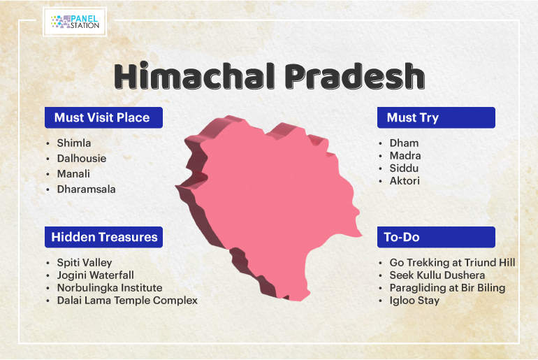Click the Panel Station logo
click(x=75, y=22)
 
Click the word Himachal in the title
click(x=194, y=75)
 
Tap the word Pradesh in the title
click(x=355, y=75)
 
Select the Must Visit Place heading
click(x=103, y=117)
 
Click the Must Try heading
click(x=436, y=117)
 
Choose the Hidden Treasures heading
click(x=103, y=237)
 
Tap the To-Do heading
click(x=436, y=237)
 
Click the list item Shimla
click(x=74, y=143)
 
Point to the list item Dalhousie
click(x=82, y=158)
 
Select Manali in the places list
click(x=73, y=173)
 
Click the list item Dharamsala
click(x=86, y=189)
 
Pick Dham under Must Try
click(x=404, y=143)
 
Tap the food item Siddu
click(x=404, y=168)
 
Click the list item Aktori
click(x=405, y=181)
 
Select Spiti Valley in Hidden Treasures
click(x=85, y=263)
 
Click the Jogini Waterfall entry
click(x=96, y=275)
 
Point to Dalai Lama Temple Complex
click(x=127, y=301)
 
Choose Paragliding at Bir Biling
click(x=447, y=288)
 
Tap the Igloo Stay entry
click(x=414, y=301)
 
